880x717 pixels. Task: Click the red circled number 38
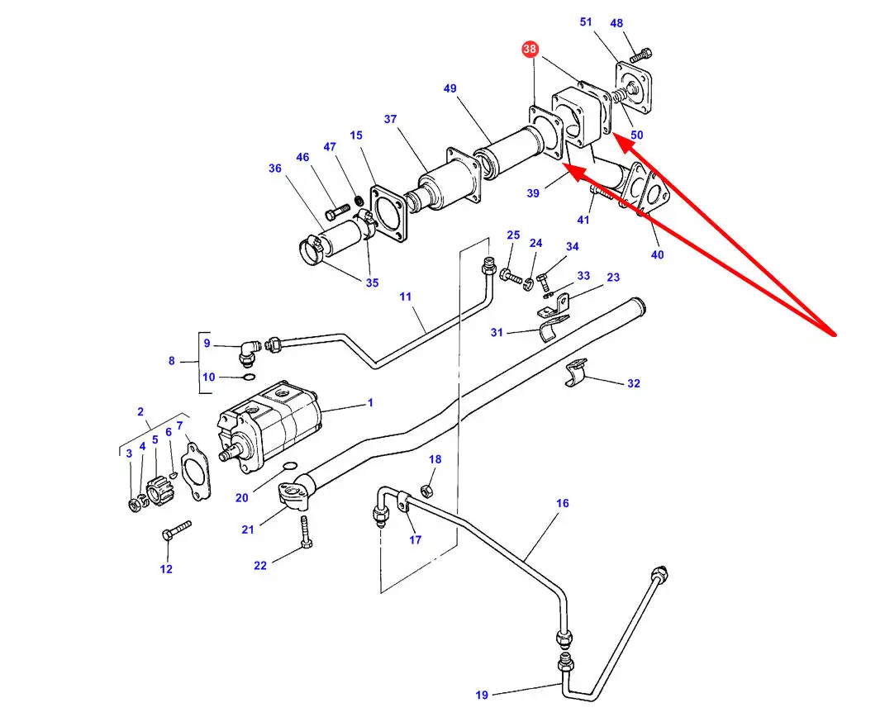(529, 50)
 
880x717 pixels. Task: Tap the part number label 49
(450, 88)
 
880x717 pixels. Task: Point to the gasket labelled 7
(193, 470)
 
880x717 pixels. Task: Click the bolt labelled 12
(176, 530)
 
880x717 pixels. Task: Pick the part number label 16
(563, 503)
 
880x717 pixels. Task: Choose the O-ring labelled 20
(289, 468)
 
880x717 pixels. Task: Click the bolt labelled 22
(306, 530)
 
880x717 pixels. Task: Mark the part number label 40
(657, 254)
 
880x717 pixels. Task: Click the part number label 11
(405, 296)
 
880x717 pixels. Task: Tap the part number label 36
(275, 169)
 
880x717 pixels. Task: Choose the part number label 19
(482, 694)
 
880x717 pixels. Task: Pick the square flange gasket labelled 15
(388, 213)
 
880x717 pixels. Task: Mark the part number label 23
(613, 278)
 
